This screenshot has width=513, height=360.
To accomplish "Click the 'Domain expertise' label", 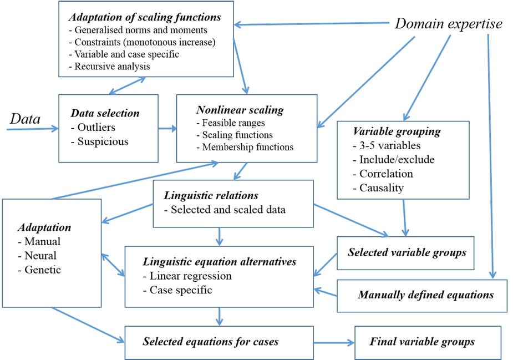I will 448,24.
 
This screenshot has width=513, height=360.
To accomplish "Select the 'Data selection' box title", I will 105,113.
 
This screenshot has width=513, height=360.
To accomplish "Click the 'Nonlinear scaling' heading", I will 240,110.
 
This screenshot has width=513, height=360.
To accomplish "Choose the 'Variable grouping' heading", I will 397,133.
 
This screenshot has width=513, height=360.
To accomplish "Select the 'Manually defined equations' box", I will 425,295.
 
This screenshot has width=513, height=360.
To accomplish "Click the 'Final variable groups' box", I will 422,341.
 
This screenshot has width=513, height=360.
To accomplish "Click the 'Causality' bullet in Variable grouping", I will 382,188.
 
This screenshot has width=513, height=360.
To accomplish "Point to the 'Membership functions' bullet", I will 245,147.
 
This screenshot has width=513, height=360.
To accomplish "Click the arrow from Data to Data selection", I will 33,129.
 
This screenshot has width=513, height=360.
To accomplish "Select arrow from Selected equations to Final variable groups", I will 327,342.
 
